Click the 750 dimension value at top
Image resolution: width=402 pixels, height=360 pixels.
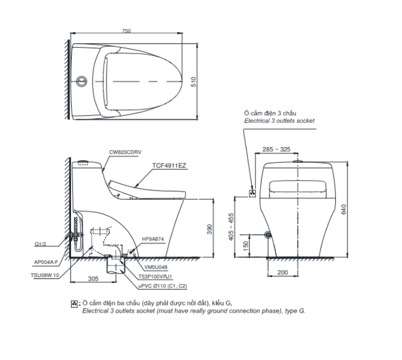(127, 31)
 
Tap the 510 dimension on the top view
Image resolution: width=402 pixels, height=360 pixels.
(194, 82)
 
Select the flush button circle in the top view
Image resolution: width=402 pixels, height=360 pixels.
(81, 81)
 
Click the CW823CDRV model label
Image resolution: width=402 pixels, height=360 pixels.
(125, 152)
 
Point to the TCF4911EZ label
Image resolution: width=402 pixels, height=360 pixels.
(169, 166)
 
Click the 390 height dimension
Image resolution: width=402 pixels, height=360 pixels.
(209, 229)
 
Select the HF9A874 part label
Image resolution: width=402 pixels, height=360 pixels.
(153, 239)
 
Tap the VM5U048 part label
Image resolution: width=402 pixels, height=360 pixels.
(155, 267)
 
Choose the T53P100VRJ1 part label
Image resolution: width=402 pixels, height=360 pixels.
(155, 277)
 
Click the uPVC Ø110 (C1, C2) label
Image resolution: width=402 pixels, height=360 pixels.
(163, 286)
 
